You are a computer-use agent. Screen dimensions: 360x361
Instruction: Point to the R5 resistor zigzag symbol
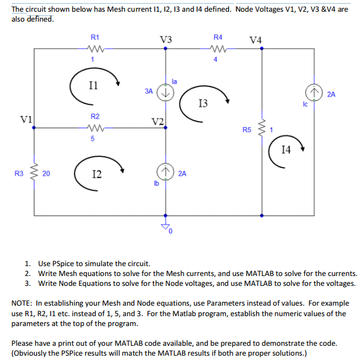click(262, 130)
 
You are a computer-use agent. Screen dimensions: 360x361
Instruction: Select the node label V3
click(165, 40)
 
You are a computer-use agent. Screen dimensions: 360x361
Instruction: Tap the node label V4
click(255, 41)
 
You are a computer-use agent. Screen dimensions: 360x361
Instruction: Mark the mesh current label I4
click(286, 149)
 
